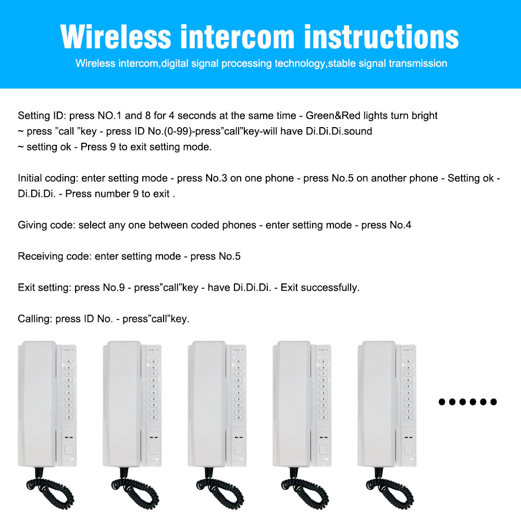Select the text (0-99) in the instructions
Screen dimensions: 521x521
pyautogui.click(x=181, y=131)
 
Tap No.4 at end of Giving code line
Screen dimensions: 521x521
pyautogui.click(x=401, y=225)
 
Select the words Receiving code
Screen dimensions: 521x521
pyautogui.click(x=54, y=256)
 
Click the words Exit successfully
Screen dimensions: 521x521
pyautogui.click(x=320, y=288)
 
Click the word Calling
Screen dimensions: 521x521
pyautogui.click(x=35, y=319)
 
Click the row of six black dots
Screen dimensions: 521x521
pyautogui.click(x=468, y=402)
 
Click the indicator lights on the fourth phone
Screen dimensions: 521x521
pyautogui.click(x=324, y=438)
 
